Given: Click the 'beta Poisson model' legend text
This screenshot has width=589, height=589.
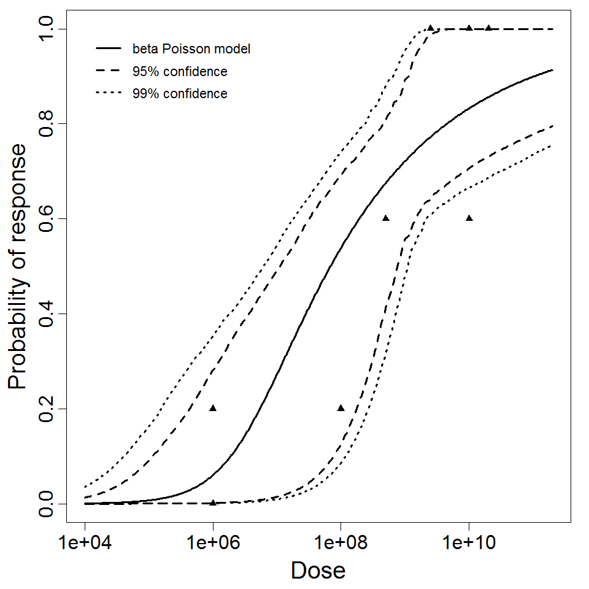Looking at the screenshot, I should (x=191, y=48).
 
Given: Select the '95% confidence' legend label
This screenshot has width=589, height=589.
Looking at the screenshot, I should (x=180, y=72).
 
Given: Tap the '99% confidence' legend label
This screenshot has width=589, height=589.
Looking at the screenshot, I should (x=180, y=94).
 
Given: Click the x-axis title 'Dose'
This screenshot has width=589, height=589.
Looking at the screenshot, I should (x=318, y=571).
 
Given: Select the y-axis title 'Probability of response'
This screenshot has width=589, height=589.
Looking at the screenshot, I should (x=18, y=267).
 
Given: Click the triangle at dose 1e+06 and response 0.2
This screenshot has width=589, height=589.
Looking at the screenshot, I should (x=213, y=408).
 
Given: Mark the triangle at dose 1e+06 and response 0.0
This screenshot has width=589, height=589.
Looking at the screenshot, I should (x=213, y=502).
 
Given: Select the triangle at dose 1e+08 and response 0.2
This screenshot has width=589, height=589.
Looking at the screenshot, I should (x=341, y=408).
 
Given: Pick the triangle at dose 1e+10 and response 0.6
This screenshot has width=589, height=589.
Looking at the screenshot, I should (x=469, y=218).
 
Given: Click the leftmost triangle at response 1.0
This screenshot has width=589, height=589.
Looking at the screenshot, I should (x=431, y=28).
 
